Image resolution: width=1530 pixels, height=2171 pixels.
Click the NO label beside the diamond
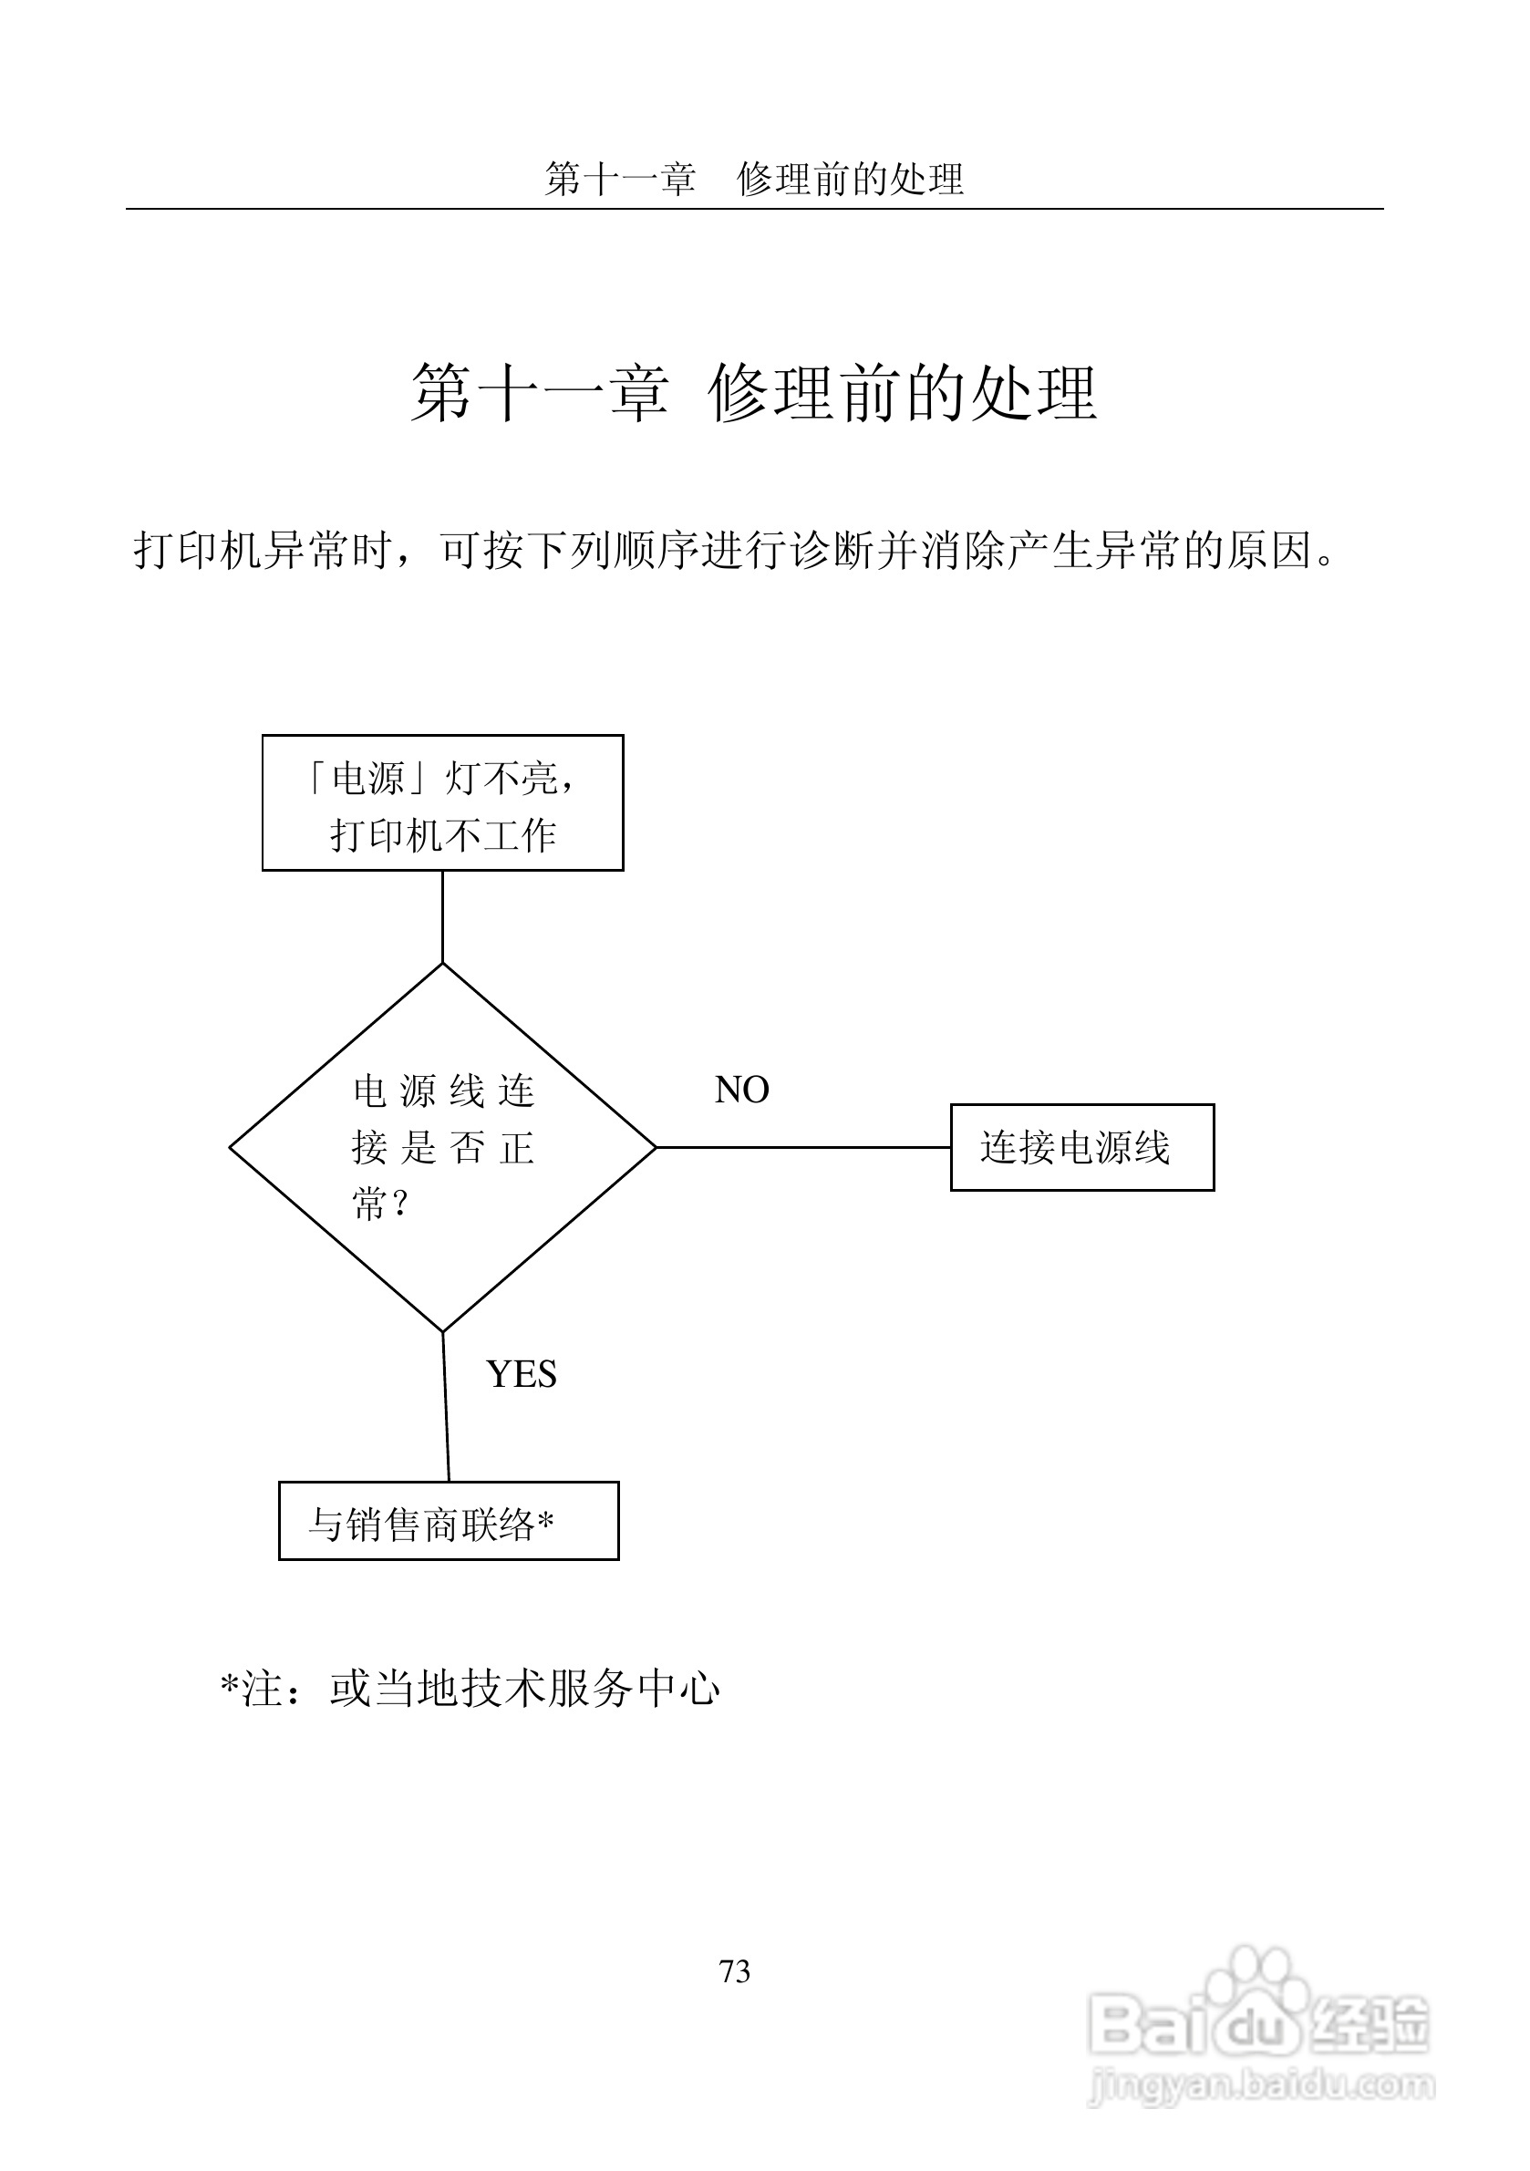[741, 1091]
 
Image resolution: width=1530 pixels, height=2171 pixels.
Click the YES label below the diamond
[521, 1375]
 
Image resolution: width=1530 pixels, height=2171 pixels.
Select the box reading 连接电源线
[1081, 1147]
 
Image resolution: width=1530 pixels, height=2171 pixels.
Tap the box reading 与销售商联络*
[449, 1522]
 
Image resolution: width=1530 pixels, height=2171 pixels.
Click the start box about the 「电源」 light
[442, 802]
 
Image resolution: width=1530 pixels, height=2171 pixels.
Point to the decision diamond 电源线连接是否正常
[442, 1147]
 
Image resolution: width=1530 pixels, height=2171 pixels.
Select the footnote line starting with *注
[470, 1690]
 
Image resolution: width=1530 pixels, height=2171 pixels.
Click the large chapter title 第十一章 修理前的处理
[754, 392]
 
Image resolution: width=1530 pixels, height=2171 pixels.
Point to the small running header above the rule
[754, 179]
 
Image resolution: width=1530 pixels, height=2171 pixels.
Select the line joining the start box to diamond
[442, 915]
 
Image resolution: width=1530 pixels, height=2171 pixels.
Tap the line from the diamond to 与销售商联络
[445, 1407]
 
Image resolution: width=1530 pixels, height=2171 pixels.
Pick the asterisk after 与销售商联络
[545, 1521]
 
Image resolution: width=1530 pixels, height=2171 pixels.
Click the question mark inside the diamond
[400, 1204]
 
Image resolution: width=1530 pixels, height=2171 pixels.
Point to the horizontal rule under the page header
[754, 209]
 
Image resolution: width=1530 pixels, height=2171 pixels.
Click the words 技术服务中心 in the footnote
[590, 1690]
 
